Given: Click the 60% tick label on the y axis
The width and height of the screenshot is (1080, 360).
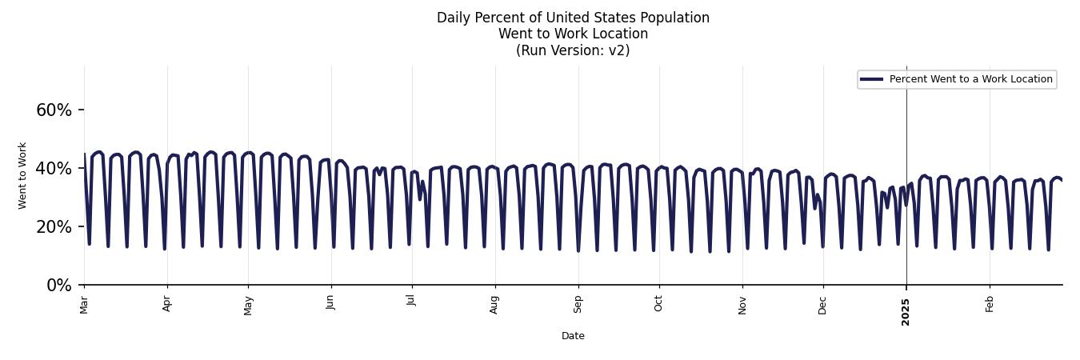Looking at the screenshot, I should (54, 110).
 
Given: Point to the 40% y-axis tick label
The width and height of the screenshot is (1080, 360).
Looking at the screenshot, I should (54, 169).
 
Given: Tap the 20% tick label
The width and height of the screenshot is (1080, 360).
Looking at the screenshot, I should (54, 227).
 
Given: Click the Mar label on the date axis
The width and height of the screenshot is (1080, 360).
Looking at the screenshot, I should (84, 305).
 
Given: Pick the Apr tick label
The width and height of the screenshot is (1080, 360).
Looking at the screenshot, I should (167, 304).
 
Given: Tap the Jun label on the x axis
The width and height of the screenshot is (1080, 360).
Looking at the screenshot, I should (330, 304).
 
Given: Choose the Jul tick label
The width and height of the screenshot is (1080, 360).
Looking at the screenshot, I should (411, 302).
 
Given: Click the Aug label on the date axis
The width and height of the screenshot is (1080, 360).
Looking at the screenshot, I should (494, 305).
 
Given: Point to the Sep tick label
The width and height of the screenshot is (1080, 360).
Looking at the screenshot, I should (578, 304).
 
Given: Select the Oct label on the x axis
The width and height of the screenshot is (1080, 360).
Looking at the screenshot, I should (658, 304).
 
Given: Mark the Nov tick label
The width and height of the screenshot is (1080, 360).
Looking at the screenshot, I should (742, 305).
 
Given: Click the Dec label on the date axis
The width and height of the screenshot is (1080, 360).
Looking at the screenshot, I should (822, 305).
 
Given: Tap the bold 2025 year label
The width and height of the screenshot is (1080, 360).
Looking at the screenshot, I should (906, 307).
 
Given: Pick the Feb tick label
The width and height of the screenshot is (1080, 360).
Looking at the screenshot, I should (990, 304).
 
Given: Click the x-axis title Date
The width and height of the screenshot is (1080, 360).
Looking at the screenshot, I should (573, 336).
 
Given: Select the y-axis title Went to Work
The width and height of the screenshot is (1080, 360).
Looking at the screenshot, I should (22, 176).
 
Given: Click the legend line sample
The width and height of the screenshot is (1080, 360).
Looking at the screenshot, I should (871, 79).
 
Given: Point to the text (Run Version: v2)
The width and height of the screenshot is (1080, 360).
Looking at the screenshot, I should (573, 50).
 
